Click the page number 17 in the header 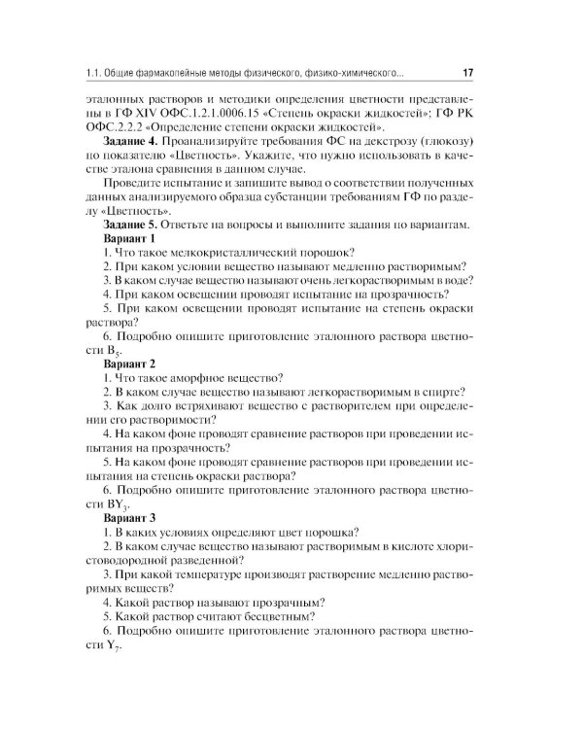[467, 73]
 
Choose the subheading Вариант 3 [129, 516]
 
